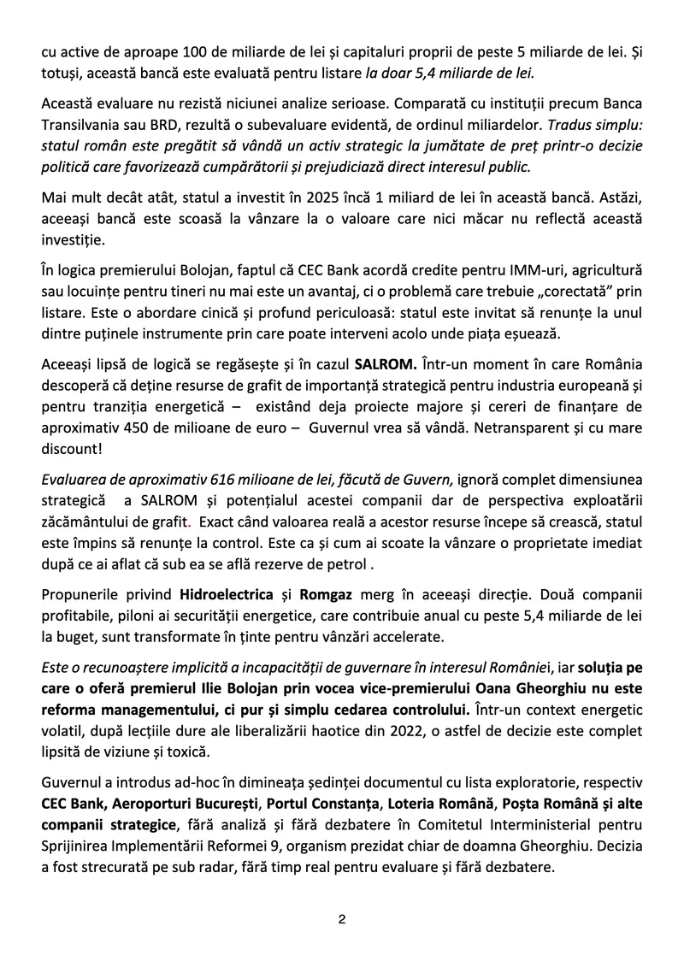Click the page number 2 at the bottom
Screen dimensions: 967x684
tap(341, 920)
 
